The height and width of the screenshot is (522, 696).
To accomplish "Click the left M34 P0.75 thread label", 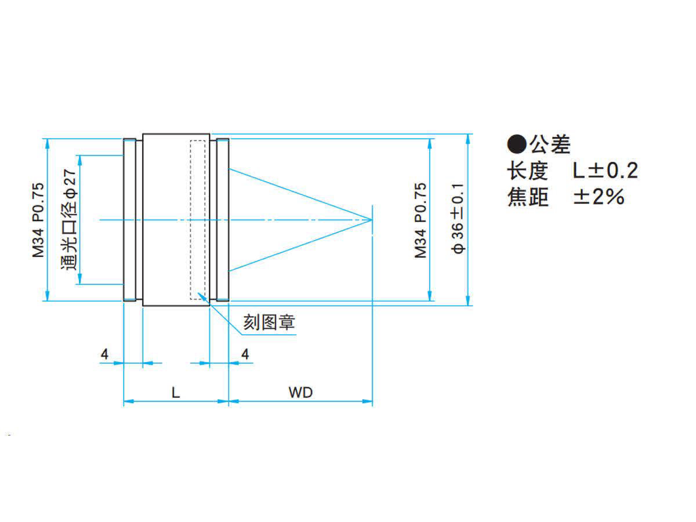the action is click(x=38, y=220).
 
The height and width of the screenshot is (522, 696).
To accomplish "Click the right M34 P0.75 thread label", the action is click(x=420, y=220).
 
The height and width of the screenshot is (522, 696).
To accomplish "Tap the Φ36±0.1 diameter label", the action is click(x=458, y=219).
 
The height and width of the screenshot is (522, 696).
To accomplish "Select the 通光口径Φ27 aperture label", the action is click(x=68, y=219).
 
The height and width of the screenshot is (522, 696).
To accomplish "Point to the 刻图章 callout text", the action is click(x=269, y=322).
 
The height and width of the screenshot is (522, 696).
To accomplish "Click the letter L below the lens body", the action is click(x=175, y=393).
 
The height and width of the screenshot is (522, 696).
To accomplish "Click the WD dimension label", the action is click(x=300, y=393).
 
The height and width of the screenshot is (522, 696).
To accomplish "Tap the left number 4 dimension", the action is click(x=104, y=354).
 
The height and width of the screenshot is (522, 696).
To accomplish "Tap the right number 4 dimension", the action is click(x=245, y=354).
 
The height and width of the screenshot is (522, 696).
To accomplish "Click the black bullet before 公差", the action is click(x=517, y=144).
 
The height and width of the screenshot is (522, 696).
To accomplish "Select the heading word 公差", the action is click(x=549, y=144).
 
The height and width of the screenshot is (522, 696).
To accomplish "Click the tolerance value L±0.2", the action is click(x=605, y=171).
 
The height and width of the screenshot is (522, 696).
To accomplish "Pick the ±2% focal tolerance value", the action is click(x=599, y=197).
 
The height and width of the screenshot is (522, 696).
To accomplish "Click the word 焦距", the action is click(x=528, y=197).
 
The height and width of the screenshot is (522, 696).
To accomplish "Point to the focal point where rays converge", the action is click(x=372, y=220).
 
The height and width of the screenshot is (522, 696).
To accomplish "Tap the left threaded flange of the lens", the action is click(x=130, y=220).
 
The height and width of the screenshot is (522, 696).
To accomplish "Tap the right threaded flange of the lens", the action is click(x=222, y=220).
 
